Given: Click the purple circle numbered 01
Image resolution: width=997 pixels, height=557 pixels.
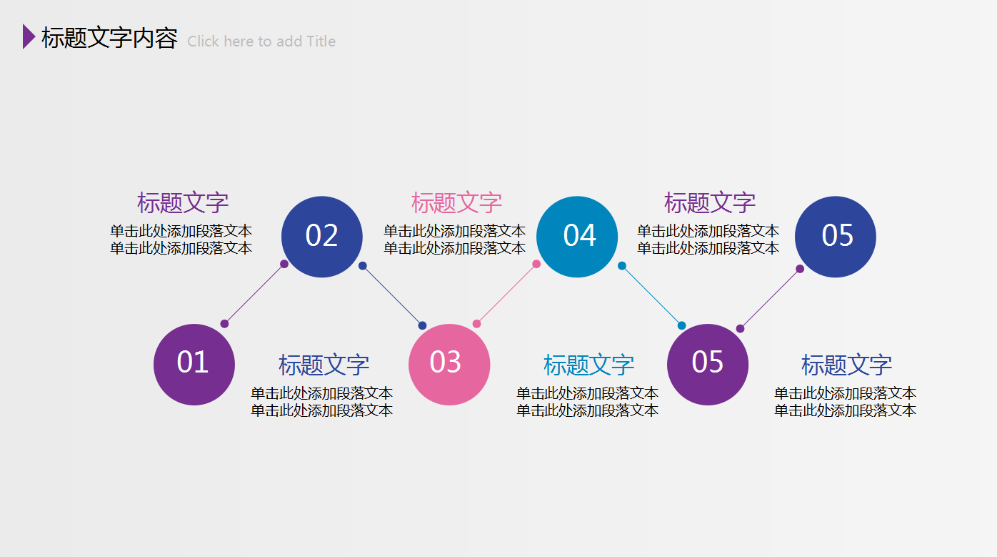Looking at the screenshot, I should [x=194, y=365].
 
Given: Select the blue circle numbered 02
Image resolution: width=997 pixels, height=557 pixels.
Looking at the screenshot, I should [x=322, y=237].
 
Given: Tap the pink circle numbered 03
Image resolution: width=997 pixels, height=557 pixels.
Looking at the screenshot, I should [x=449, y=365].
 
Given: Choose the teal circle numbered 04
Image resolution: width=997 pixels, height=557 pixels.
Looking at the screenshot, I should [x=577, y=237].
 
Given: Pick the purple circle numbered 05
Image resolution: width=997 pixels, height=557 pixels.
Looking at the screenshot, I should [x=708, y=365].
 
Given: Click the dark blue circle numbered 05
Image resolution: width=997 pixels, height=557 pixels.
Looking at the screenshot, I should [x=836, y=237].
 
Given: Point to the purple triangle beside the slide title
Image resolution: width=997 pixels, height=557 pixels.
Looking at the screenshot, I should [x=28, y=36].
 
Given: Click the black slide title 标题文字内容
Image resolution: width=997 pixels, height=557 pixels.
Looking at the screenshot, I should [x=109, y=39].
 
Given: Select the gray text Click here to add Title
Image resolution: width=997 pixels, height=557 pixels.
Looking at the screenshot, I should [x=261, y=41].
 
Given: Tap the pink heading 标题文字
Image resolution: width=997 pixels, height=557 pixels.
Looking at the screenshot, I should [x=456, y=203].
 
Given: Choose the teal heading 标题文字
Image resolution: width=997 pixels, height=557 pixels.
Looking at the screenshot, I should [x=588, y=365].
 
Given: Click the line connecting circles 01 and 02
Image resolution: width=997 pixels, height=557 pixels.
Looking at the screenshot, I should [x=254, y=294].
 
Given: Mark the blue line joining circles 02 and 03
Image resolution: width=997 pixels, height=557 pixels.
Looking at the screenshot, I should [x=392, y=295].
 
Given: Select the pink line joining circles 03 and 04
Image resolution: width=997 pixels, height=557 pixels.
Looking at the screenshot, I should [x=506, y=294].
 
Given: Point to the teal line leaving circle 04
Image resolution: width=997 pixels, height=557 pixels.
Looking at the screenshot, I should [x=651, y=295].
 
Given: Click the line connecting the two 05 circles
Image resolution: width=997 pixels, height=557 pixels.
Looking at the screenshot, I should [x=770, y=299].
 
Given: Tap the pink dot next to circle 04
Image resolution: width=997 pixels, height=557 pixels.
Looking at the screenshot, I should [x=536, y=264].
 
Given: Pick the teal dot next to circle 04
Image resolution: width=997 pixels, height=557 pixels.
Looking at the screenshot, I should [x=622, y=266].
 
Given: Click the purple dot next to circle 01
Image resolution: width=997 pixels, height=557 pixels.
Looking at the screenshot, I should [x=224, y=324].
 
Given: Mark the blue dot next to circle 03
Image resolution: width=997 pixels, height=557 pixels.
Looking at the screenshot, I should [x=422, y=326].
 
